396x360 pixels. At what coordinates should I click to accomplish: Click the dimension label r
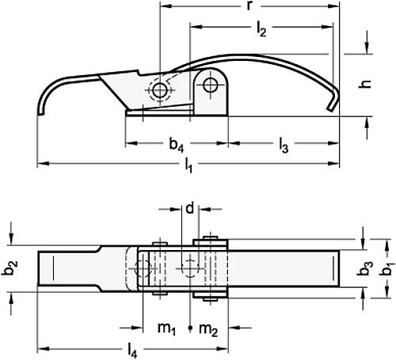(250, 6)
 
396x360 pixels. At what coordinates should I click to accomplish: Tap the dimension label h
(366, 82)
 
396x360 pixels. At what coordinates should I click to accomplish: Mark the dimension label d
(189, 209)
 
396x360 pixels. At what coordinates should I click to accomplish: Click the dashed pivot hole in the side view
(161, 90)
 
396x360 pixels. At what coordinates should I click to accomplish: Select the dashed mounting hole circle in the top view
(144, 268)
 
